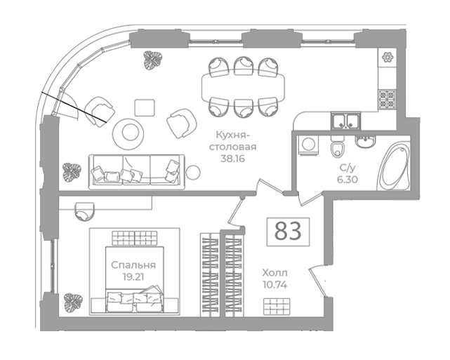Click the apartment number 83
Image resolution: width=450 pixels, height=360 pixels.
click(288, 231)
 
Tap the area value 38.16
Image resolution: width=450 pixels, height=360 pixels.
click(233, 159)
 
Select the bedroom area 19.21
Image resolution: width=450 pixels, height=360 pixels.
click(133, 276)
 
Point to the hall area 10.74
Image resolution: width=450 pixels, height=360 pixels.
click(275, 284)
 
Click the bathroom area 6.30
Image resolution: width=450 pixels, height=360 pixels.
click(348, 180)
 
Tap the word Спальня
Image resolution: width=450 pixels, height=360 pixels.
click(133, 265)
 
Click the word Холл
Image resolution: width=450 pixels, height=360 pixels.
click(275, 272)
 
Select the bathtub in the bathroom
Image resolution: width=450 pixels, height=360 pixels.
click(393, 167)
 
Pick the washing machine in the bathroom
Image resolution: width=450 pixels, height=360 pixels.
click(308, 145)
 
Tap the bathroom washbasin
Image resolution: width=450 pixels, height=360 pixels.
click(365, 141)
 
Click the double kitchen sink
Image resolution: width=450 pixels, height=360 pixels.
click(346, 121)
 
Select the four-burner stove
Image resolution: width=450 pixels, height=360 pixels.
click(387, 99)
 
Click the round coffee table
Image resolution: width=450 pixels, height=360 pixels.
click(128, 133)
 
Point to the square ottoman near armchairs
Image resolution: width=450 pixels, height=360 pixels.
click(145, 107)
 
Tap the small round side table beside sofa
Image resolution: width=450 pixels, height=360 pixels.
click(193, 173)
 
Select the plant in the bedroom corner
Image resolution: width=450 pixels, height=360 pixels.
click(73, 302)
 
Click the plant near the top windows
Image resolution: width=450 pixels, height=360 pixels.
click(152, 60)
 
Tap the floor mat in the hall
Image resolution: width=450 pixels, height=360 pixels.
click(277, 307)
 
